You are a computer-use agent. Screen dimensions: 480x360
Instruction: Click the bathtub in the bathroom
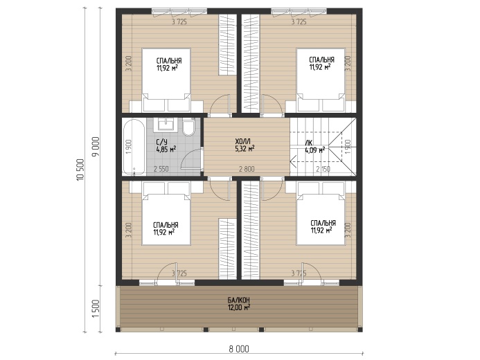point(134,147)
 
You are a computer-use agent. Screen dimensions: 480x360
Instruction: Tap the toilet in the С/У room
point(188,127)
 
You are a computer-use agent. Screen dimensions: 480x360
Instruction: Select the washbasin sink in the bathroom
point(168,125)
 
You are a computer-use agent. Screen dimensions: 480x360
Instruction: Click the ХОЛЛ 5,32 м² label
point(245,145)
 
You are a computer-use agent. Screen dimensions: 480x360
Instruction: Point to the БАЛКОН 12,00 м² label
point(239,304)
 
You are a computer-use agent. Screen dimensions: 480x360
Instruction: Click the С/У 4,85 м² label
point(166,146)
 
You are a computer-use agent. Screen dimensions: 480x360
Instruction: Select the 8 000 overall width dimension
point(239,349)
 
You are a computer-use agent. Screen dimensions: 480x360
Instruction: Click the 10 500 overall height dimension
point(80,170)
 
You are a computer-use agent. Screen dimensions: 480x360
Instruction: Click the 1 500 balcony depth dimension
point(96,308)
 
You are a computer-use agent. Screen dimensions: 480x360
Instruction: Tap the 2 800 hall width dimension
point(247,169)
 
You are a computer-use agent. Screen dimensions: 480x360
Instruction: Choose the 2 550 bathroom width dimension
point(161,169)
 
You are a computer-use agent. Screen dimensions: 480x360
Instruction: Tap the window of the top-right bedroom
point(299,11)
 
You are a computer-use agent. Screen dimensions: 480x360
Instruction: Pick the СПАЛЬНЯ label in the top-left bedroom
point(169,60)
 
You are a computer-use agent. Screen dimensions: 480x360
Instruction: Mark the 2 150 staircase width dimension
point(323,169)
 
